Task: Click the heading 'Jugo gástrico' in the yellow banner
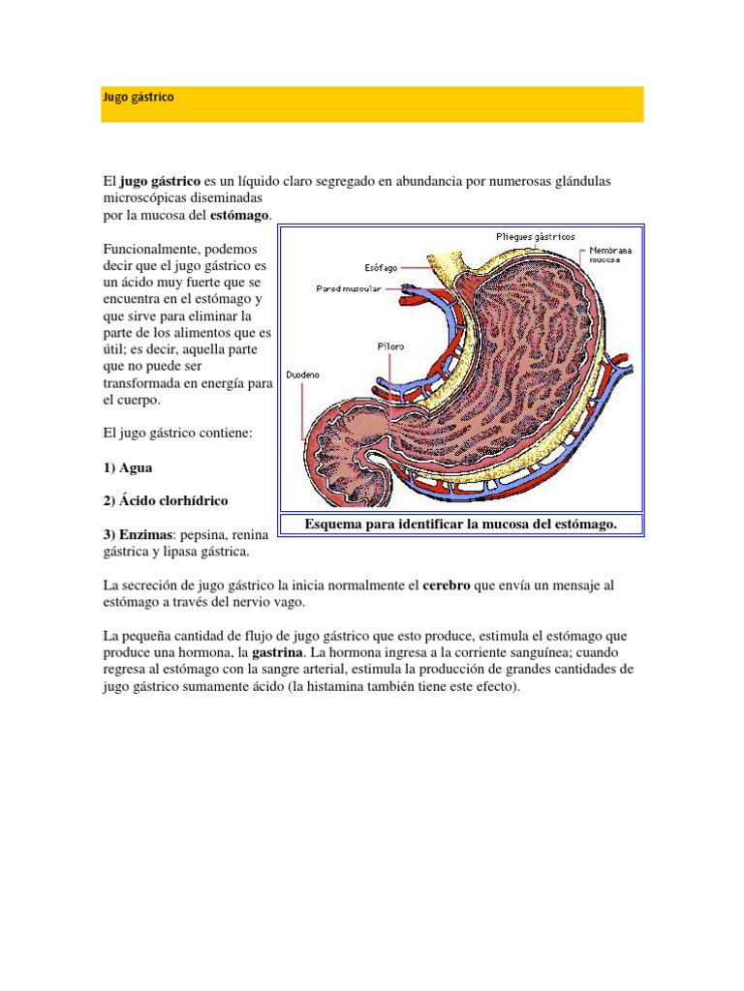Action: tap(139, 98)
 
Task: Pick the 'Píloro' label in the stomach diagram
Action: tap(390, 345)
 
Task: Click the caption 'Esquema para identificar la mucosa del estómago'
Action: tap(460, 524)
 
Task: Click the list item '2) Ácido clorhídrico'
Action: tap(165, 500)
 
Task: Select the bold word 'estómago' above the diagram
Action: tap(240, 214)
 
